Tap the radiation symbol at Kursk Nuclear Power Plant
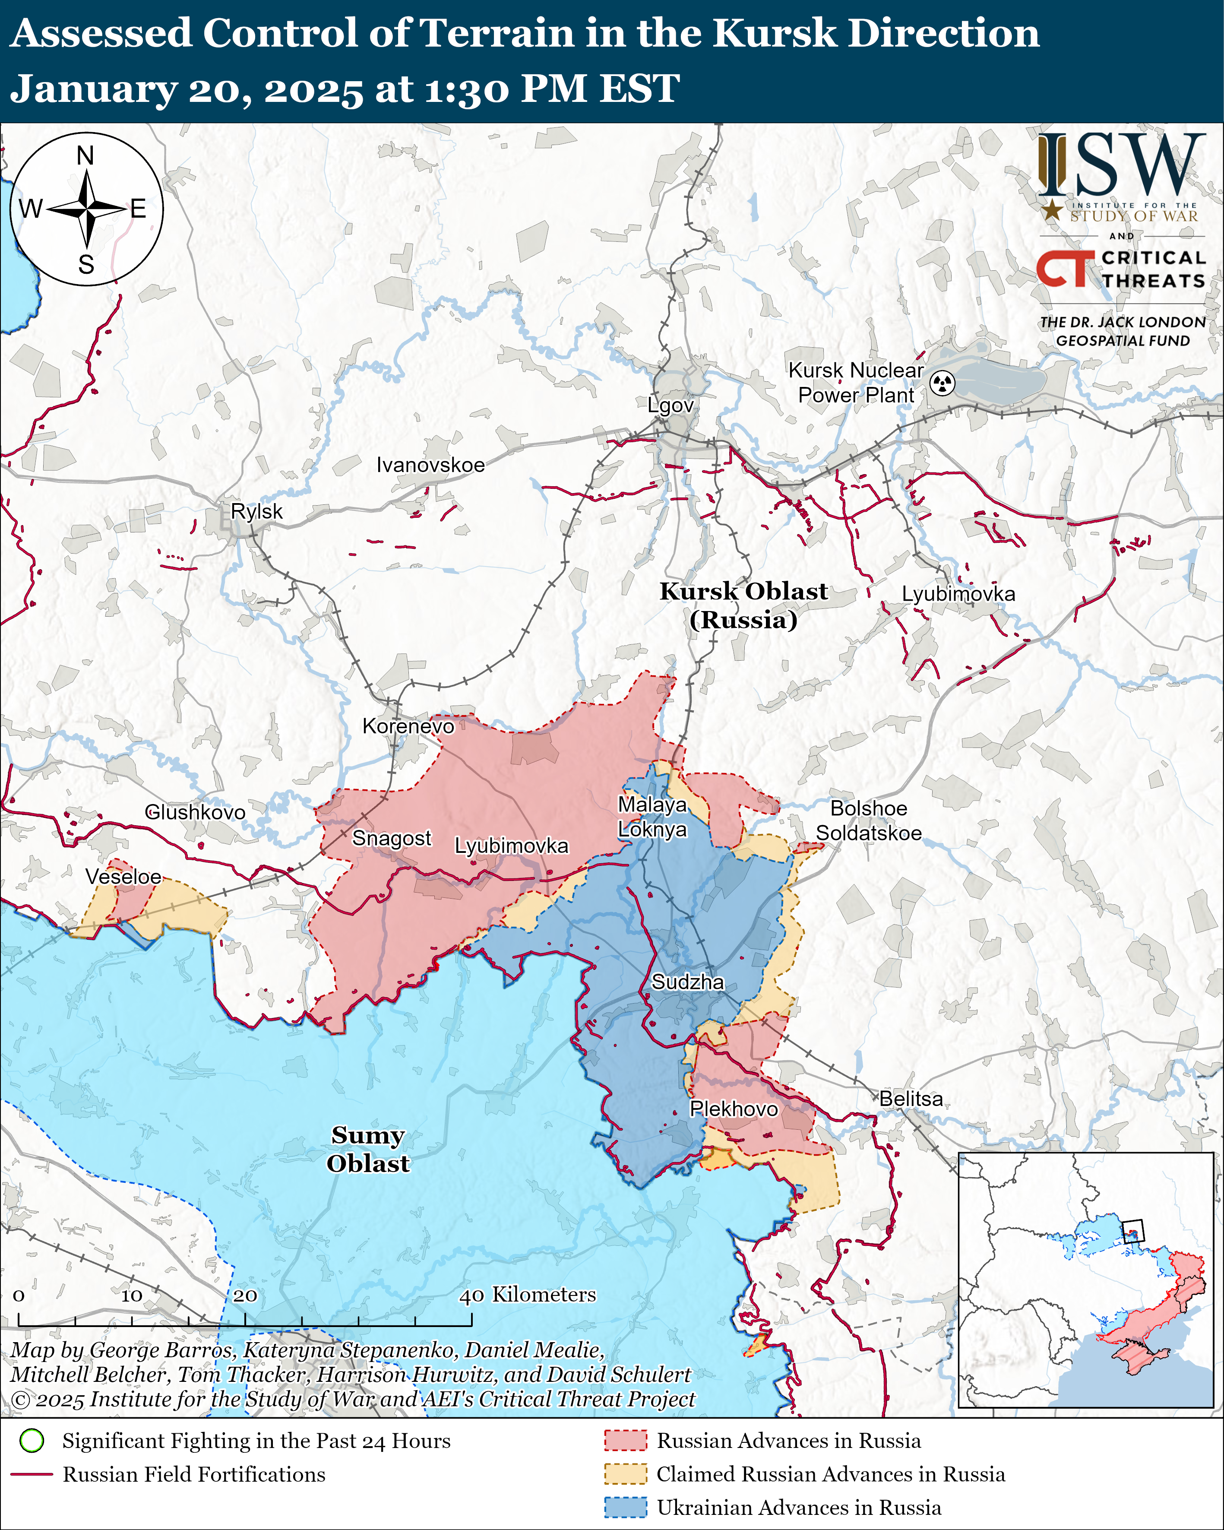tap(943, 383)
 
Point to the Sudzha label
tap(688, 982)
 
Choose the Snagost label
tap(392, 838)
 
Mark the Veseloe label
tap(123, 877)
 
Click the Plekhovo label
tap(734, 1109)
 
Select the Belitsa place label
tap(911, 1099)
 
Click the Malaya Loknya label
tap(652, 817)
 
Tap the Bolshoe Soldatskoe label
tap(869, 820)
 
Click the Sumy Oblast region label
tap(367, 1149)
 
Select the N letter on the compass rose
tap(85, 155)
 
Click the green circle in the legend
tap(32, 1441)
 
